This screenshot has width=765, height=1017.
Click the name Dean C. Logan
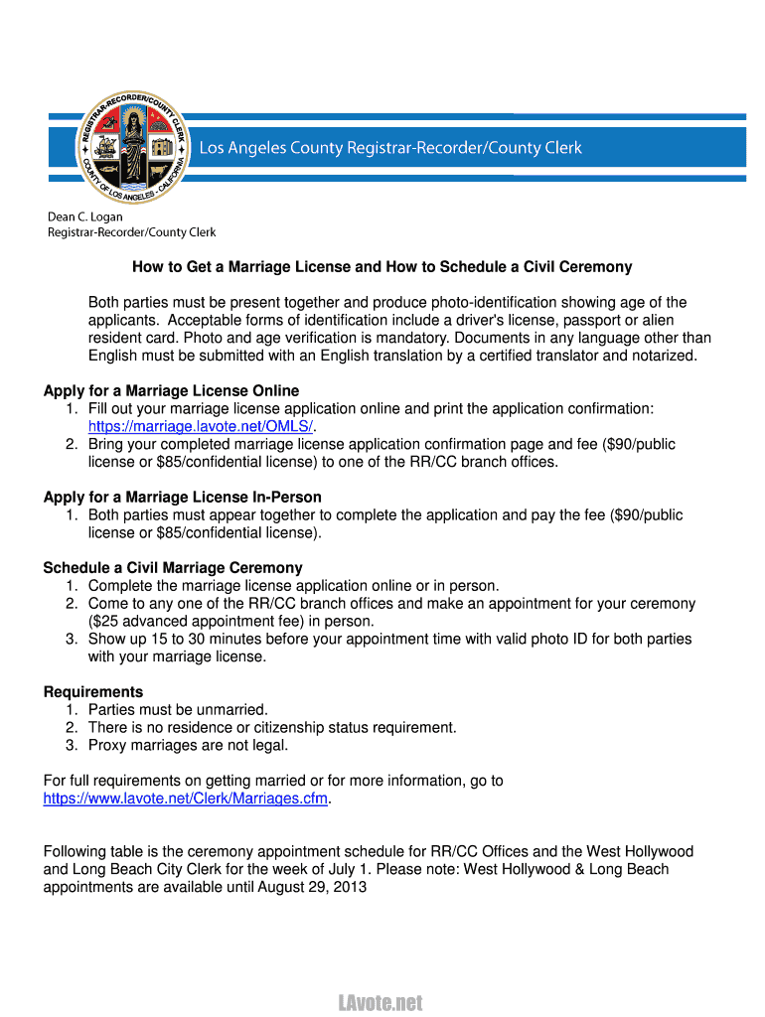pyautogui.click(x=86, y=217)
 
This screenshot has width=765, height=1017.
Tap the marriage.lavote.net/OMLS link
pyautogui.click(x=201, y=426)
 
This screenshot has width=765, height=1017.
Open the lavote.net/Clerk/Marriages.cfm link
pyautogui.click(x=186, y=799)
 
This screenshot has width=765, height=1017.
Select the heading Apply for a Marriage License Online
pyautogui.click(x=171, y=390)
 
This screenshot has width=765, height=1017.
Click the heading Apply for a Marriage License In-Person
pyautogui.click(x=182, y=497)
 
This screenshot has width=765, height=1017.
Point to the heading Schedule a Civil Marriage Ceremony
pyautogui.click(x=173, y=568)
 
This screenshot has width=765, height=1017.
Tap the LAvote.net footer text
pyautogui.click(x=382, y=1002)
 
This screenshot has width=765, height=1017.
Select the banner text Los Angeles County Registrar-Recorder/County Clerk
pyautogui.click(x=390, y=148)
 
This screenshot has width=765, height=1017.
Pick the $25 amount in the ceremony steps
pyautogui.click(x=103, y=622)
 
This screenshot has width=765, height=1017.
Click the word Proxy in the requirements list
pyautogui.click(x=107, y=745)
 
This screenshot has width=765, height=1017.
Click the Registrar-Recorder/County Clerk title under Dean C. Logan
pyautogui.click(x=132, y=232)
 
